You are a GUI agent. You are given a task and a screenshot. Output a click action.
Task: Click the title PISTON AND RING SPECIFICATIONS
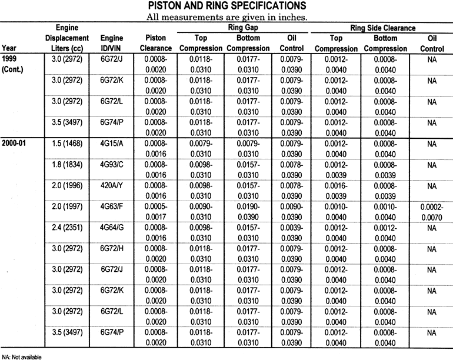coord(226,6)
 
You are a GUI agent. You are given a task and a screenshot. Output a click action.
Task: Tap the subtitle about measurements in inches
coord(226,17)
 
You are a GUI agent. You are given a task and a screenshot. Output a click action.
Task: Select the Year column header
coord(9,48)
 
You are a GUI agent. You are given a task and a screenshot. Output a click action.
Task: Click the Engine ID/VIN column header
coord(112,43)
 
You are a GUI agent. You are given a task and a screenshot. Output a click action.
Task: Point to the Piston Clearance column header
coord(156,43)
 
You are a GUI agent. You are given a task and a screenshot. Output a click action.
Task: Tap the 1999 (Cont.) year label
coord(13,64)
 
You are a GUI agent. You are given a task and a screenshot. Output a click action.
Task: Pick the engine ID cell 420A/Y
coord(112,186)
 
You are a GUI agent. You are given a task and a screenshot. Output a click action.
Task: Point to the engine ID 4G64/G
coord(112,228)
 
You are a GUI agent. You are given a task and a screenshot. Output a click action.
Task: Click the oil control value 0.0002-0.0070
coord(432,211)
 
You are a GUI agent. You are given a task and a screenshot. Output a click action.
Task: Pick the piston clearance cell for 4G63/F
coord(156,211)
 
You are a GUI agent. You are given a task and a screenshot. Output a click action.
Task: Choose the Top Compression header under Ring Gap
coord(201,43)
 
